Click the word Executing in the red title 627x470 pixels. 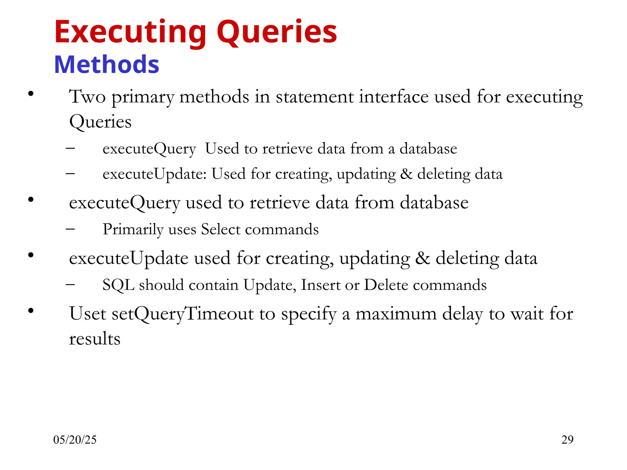130,32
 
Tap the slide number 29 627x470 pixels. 567,440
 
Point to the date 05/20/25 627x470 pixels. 75,440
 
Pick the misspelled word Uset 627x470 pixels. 88,314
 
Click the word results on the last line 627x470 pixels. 95,339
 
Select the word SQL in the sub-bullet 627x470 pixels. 118,285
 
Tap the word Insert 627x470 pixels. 320,285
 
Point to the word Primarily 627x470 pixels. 133,229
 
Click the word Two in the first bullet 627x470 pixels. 87,97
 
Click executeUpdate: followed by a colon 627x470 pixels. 155,174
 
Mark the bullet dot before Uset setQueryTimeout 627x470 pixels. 31,311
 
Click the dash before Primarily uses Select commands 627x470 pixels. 70,229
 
